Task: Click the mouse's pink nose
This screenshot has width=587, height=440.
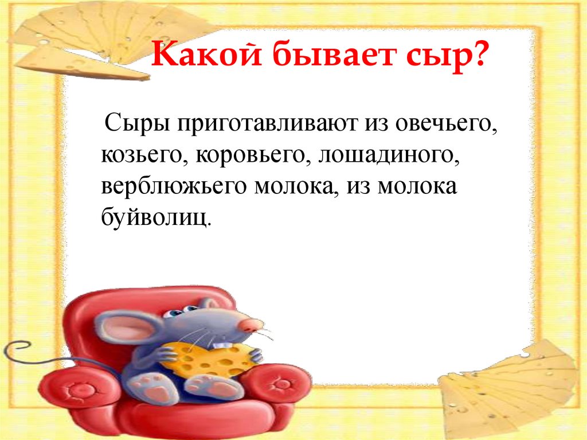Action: (248, 326)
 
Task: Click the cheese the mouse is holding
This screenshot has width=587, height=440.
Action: (206, 359)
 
